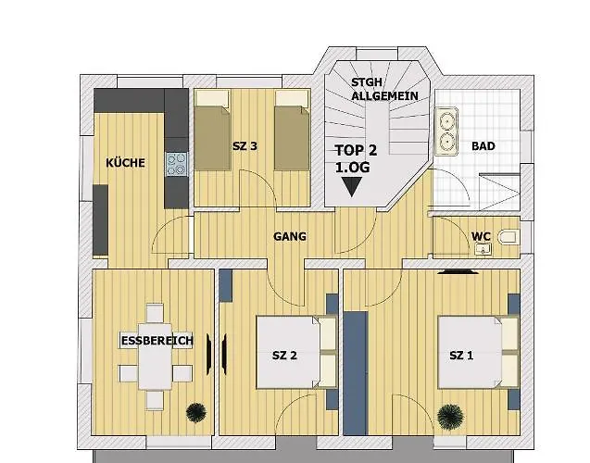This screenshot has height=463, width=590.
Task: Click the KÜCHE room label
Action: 125,163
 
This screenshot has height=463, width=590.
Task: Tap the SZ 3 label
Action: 245,146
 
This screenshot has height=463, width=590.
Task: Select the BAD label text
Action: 483,146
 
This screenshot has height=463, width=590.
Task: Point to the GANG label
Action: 290,236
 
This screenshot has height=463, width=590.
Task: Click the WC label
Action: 481,236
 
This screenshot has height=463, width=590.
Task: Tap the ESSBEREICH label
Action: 157,341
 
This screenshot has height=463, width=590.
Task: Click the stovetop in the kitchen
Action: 177,164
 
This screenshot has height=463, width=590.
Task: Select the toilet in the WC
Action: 508,237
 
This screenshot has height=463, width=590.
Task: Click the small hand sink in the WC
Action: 483,249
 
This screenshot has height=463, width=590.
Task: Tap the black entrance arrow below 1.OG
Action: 351,186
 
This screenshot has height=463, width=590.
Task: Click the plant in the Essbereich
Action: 196,412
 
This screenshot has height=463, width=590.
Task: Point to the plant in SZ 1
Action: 450,417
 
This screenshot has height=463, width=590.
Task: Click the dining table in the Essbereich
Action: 155,357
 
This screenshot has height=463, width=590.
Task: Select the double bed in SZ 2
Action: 296,353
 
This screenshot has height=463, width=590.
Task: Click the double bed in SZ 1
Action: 479,353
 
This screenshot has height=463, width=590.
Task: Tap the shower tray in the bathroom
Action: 500,192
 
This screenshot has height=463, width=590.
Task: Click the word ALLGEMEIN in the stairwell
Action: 384,96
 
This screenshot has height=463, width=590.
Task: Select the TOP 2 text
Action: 356,150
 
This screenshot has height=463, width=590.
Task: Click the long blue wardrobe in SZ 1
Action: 356,373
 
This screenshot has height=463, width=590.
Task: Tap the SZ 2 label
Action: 284,356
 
